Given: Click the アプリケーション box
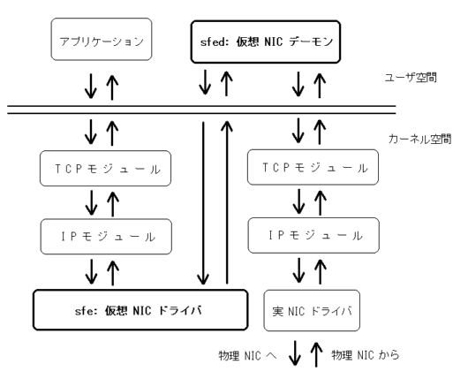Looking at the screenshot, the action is pos(102,39).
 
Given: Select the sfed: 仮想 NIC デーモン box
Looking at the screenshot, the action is pos(266,42).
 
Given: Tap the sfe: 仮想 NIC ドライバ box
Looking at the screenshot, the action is pos(140,310).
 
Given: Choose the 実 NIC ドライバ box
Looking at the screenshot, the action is pos(312,311).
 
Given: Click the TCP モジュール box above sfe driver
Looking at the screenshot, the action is pos(106,169).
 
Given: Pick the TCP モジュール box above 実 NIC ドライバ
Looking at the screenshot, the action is pos(313,167).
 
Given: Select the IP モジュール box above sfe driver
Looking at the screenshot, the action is pos(106,237).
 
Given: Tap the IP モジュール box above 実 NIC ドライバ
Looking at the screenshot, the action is pos(313,235).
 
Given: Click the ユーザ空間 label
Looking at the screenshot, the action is pos(411,78).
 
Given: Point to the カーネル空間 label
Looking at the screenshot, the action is pos(420,140).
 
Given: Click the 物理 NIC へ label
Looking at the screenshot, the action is pos(247,356).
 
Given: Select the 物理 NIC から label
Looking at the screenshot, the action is pos(366,355).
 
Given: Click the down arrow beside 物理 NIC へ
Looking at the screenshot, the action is pos(295,353).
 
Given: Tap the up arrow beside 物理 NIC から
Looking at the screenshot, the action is pos(316,354).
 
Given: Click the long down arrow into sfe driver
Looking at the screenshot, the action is pos(203,203).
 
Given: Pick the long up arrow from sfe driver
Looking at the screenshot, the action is pos(227,202).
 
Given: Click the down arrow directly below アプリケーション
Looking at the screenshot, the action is pos(91,87).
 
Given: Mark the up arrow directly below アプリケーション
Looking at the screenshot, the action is pos(112,87).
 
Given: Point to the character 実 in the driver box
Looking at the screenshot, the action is pos(278,311).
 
